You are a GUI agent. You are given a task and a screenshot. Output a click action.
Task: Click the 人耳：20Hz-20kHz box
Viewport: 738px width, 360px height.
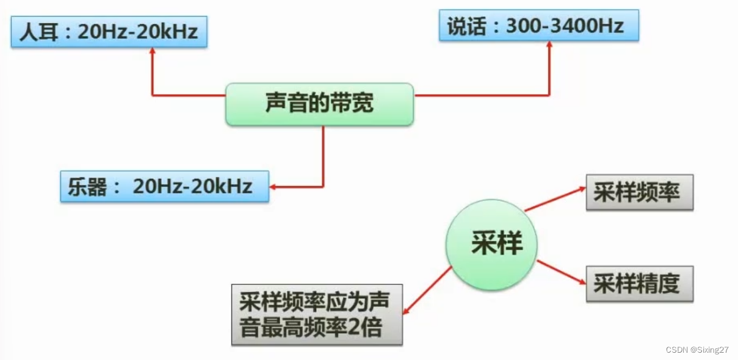(x=109, y=32)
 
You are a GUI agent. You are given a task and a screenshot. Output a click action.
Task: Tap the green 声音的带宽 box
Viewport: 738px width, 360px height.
(x=319, y=104)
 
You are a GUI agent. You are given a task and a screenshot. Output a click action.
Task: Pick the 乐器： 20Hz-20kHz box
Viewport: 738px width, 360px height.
(x=164, y=186)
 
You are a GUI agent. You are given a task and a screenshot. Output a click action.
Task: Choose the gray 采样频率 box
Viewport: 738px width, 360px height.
(x=639, y=193)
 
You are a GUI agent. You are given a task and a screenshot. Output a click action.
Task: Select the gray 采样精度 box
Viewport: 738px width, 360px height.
(x=639, y=284)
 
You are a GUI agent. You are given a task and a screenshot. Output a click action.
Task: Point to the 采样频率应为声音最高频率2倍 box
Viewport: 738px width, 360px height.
(x=317, y=314)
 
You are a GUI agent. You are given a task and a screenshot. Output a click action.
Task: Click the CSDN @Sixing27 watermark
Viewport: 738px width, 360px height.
(x=696, y=350)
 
